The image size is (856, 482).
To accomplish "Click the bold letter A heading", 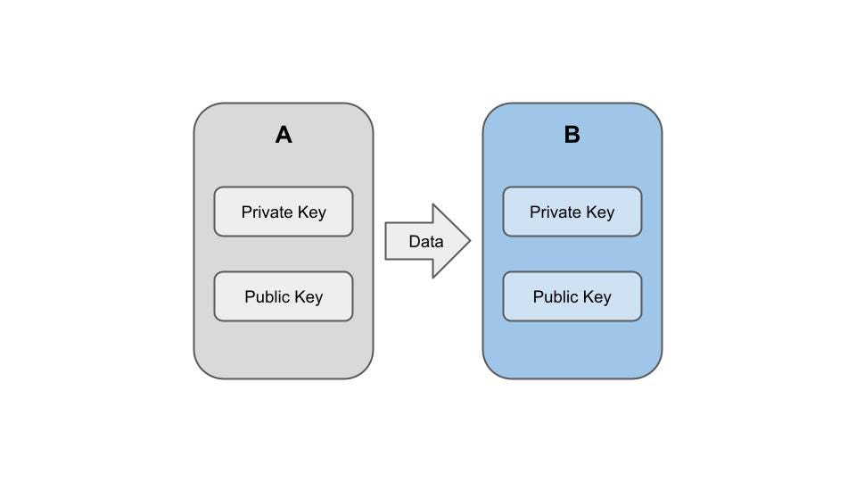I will [284, 135].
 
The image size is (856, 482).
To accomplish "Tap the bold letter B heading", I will [572, 135].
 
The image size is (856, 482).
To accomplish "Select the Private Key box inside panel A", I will [284, 212].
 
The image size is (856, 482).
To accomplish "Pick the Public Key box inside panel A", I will [284, 296].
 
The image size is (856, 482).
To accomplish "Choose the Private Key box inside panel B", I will [572, 212].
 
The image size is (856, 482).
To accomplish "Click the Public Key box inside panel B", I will [572, 296].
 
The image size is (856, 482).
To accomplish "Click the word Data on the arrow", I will [426, 241].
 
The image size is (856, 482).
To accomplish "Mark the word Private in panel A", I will [266, 212].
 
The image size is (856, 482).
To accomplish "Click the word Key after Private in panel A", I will [310, 212].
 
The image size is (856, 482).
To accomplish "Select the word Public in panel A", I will [267, 297].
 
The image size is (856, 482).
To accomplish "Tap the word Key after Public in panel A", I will [308, 297].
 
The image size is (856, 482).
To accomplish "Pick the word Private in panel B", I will [555, 212].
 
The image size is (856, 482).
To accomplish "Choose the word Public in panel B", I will [556, 297].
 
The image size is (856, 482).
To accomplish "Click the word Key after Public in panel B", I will [597, 297].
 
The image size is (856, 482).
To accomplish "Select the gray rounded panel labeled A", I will [284, 353].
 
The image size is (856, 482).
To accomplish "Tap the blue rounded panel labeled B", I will [572, 353].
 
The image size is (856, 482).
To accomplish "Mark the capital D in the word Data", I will [414, 241].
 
